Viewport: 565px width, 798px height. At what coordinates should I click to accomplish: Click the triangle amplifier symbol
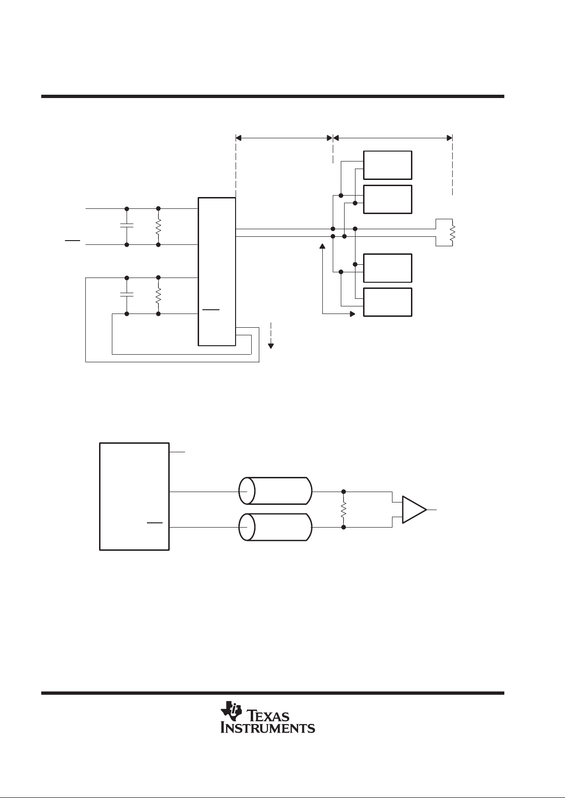414,510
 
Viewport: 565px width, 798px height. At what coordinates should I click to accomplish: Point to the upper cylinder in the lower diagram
275,491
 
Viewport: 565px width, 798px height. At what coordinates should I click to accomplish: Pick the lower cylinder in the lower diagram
275,527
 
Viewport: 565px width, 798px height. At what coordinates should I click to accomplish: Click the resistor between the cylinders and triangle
343,510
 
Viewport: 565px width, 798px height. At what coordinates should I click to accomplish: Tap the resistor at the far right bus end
452,233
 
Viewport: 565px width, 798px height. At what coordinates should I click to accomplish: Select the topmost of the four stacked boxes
387,165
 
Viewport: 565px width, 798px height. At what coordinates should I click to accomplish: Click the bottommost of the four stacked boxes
387,302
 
